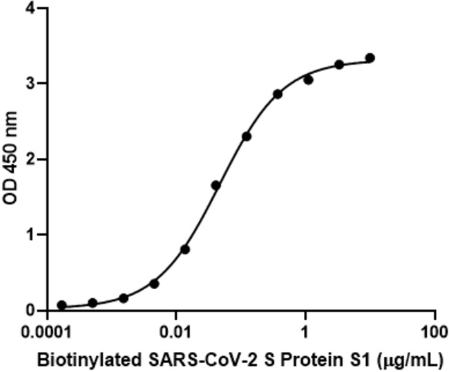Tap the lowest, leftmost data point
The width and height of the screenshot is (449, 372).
click(x=61, y=305)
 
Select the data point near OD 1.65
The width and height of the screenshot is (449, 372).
click(x=216, y=185)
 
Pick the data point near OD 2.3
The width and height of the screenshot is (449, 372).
click(x=247, y=137)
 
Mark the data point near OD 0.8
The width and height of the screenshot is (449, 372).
click(x=184, y=249)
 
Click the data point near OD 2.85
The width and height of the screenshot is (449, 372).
click(x=277, y=94)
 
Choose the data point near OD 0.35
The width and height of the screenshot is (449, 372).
click(x=154, y=284)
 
